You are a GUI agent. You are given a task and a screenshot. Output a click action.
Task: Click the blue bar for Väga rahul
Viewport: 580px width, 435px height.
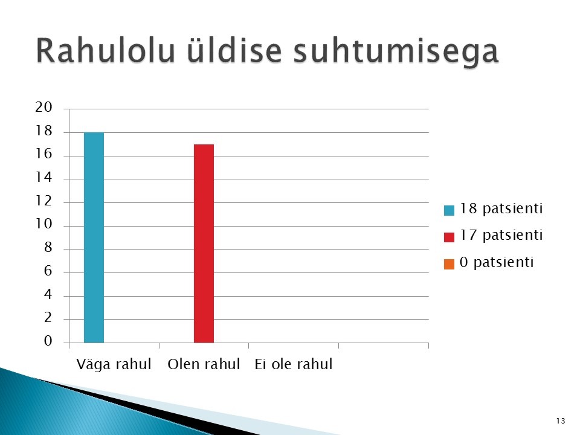[x=94, y=237]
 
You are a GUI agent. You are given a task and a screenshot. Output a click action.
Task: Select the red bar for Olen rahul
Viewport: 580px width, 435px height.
[x=204, y=243]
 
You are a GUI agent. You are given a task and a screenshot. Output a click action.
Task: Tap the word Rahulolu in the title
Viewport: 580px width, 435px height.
[x=105, y=51]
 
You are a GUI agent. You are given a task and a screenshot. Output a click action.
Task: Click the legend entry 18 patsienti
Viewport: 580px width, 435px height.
[x=494, y=209]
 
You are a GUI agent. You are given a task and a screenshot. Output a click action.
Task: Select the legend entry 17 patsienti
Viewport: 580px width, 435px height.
[x=494, y=236]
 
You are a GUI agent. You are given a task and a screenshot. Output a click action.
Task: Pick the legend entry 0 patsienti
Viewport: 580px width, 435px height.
[x=489, y=263]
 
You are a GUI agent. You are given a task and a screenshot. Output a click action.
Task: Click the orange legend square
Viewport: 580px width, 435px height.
[x=449, y=264]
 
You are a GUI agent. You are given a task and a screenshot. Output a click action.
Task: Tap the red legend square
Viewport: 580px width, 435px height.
[x=449, y=237]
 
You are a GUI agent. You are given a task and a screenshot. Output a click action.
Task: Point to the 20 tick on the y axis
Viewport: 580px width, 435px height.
[x=43, y=108]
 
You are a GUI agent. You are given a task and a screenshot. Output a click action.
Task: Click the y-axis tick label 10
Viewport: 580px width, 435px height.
[x=43, y=224]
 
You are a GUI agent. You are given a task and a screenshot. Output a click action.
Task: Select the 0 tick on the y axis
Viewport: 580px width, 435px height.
[x=48, y=341]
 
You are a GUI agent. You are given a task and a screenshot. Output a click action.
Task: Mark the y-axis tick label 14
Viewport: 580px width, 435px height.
[x=43, y=178]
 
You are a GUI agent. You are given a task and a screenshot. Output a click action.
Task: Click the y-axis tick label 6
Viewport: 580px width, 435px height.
[x=48, y=271]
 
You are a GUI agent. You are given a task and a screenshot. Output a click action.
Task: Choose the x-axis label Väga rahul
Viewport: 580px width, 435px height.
[x=114, y=364]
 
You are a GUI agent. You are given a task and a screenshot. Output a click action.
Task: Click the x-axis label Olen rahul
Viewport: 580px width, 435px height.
[x=204, y=364]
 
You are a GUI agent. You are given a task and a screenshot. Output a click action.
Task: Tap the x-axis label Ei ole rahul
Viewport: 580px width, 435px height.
[x=294, y=364]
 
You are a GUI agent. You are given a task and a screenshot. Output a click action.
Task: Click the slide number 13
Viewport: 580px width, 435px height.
[x=561, y=421]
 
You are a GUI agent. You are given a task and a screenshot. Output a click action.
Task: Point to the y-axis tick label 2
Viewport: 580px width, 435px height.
[x=48, y=318]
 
